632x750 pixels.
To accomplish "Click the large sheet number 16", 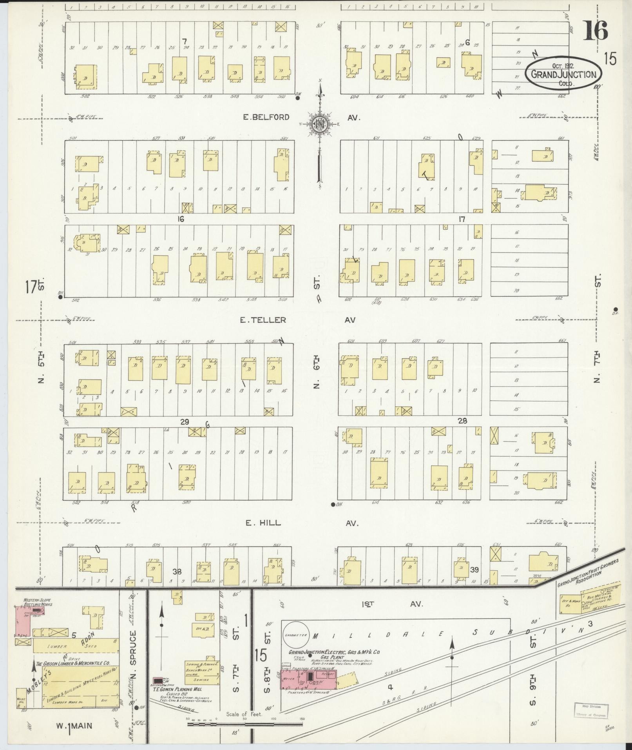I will click(596, 31).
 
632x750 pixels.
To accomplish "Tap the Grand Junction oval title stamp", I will click(563, 74).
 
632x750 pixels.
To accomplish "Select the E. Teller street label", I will click(264, 320).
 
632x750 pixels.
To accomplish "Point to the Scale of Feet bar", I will click(245, 724).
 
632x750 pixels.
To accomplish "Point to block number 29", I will click(185, 422).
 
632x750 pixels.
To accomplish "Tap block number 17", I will click(462, 219).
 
